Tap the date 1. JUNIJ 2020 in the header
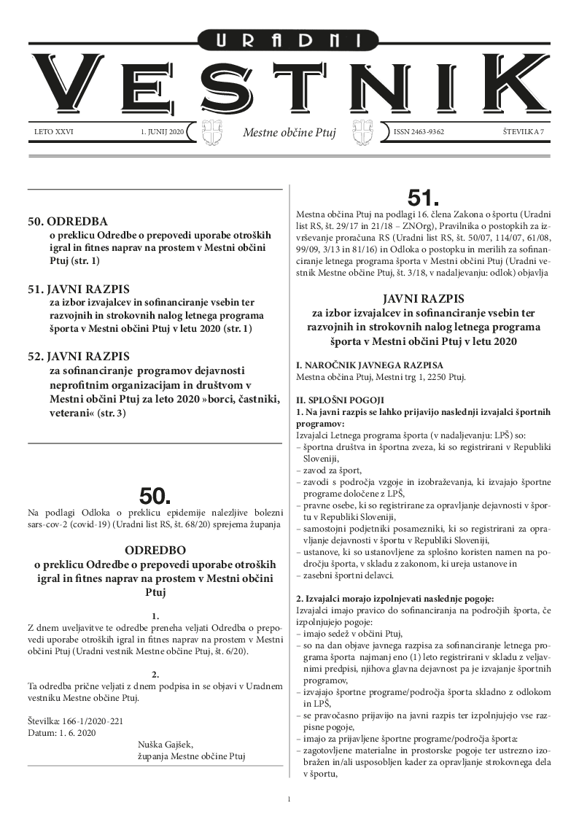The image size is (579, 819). pyautogui.click(x=162, y=132)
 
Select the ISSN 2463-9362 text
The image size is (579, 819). pyautogui.click(x=419, y=132)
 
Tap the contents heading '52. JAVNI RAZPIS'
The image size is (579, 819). pyautogui.click(x=79, y=357)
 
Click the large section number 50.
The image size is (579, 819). pyautogui.click(x=155, y=497)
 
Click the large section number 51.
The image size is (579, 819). pyautogui.click(x=424, y=198)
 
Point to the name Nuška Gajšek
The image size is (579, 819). pyautogui.click(x=165, y=745)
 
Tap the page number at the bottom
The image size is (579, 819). pyautogui.click(x=289, y=800)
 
